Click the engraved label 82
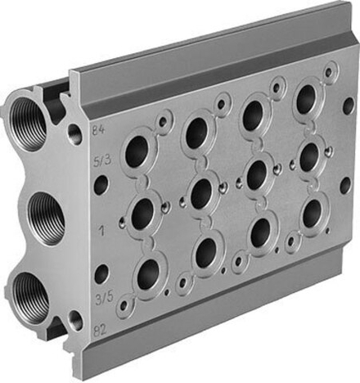[99, 331]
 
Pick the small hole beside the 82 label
[75, 318]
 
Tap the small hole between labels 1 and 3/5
[101, 273]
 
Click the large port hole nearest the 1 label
[143, 214]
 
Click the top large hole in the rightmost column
[306, 99]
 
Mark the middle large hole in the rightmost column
[309, 158]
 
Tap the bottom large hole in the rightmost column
[313, 214]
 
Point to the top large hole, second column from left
[196, 133]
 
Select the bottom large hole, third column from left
[261, 232]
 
